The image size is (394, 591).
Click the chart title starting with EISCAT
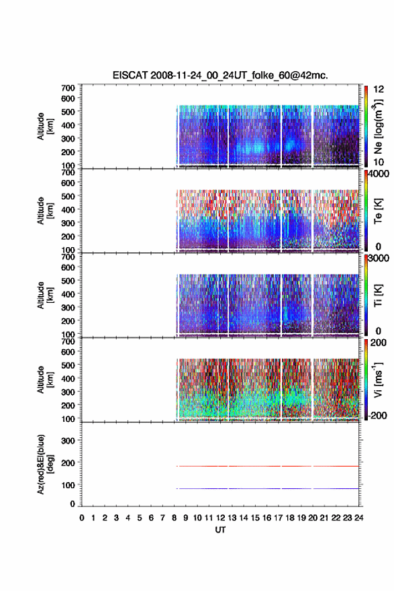[220, 75]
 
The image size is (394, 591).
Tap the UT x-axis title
[220, 530]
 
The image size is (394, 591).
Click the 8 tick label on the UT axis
[174, 518]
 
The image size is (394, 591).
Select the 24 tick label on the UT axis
[359, 518]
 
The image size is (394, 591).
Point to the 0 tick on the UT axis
[82, 518]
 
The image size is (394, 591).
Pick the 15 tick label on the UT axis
[255, 518]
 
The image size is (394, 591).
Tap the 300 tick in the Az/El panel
[68, 441]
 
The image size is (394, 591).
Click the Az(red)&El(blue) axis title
[45, 464]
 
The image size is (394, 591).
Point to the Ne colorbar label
[378, 127]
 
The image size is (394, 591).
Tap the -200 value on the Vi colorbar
[377, 415]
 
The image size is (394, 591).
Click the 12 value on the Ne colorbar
[379, 89]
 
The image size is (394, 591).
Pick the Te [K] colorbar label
[378, 211]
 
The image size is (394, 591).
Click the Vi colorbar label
[378, 379]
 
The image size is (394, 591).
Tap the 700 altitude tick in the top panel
[68, 88]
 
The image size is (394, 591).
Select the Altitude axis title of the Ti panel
[45, 295]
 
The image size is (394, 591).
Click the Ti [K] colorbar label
[378, 295]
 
